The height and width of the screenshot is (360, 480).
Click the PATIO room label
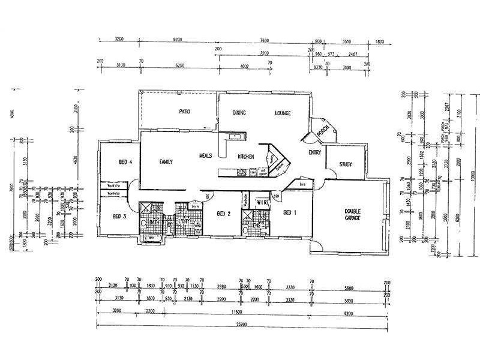pos(184,112)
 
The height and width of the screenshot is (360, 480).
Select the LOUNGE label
pos(283,112)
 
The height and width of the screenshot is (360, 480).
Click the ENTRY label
pos(314,153)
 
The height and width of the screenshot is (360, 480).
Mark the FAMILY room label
pos(166,162)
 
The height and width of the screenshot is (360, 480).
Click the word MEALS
pos(206,156)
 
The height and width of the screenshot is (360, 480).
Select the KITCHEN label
pos(246,156)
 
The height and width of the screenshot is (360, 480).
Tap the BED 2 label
pos(223,214)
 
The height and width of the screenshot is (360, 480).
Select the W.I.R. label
pos(262,203)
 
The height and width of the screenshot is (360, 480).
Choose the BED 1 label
pos(290,213)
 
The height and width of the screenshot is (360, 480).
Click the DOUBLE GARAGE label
pos(351,214)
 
